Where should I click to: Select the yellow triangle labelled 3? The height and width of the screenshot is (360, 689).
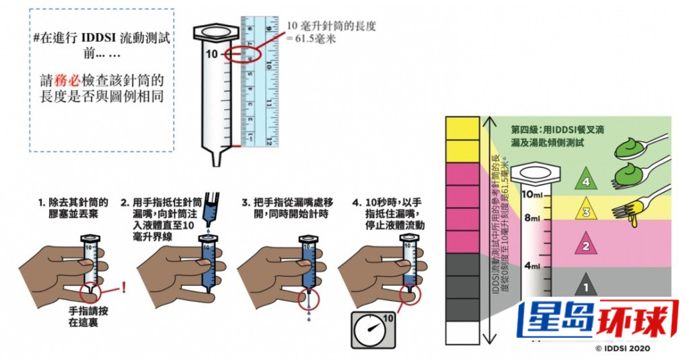(x=586, y=212)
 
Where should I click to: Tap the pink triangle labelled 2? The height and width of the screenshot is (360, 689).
(x=586, y=245)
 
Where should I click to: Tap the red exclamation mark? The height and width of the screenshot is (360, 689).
(x=124, y=288)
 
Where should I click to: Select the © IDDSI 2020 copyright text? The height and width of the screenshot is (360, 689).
(x=624, y=348)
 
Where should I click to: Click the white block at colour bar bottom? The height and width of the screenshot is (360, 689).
(x=462, y=332)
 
